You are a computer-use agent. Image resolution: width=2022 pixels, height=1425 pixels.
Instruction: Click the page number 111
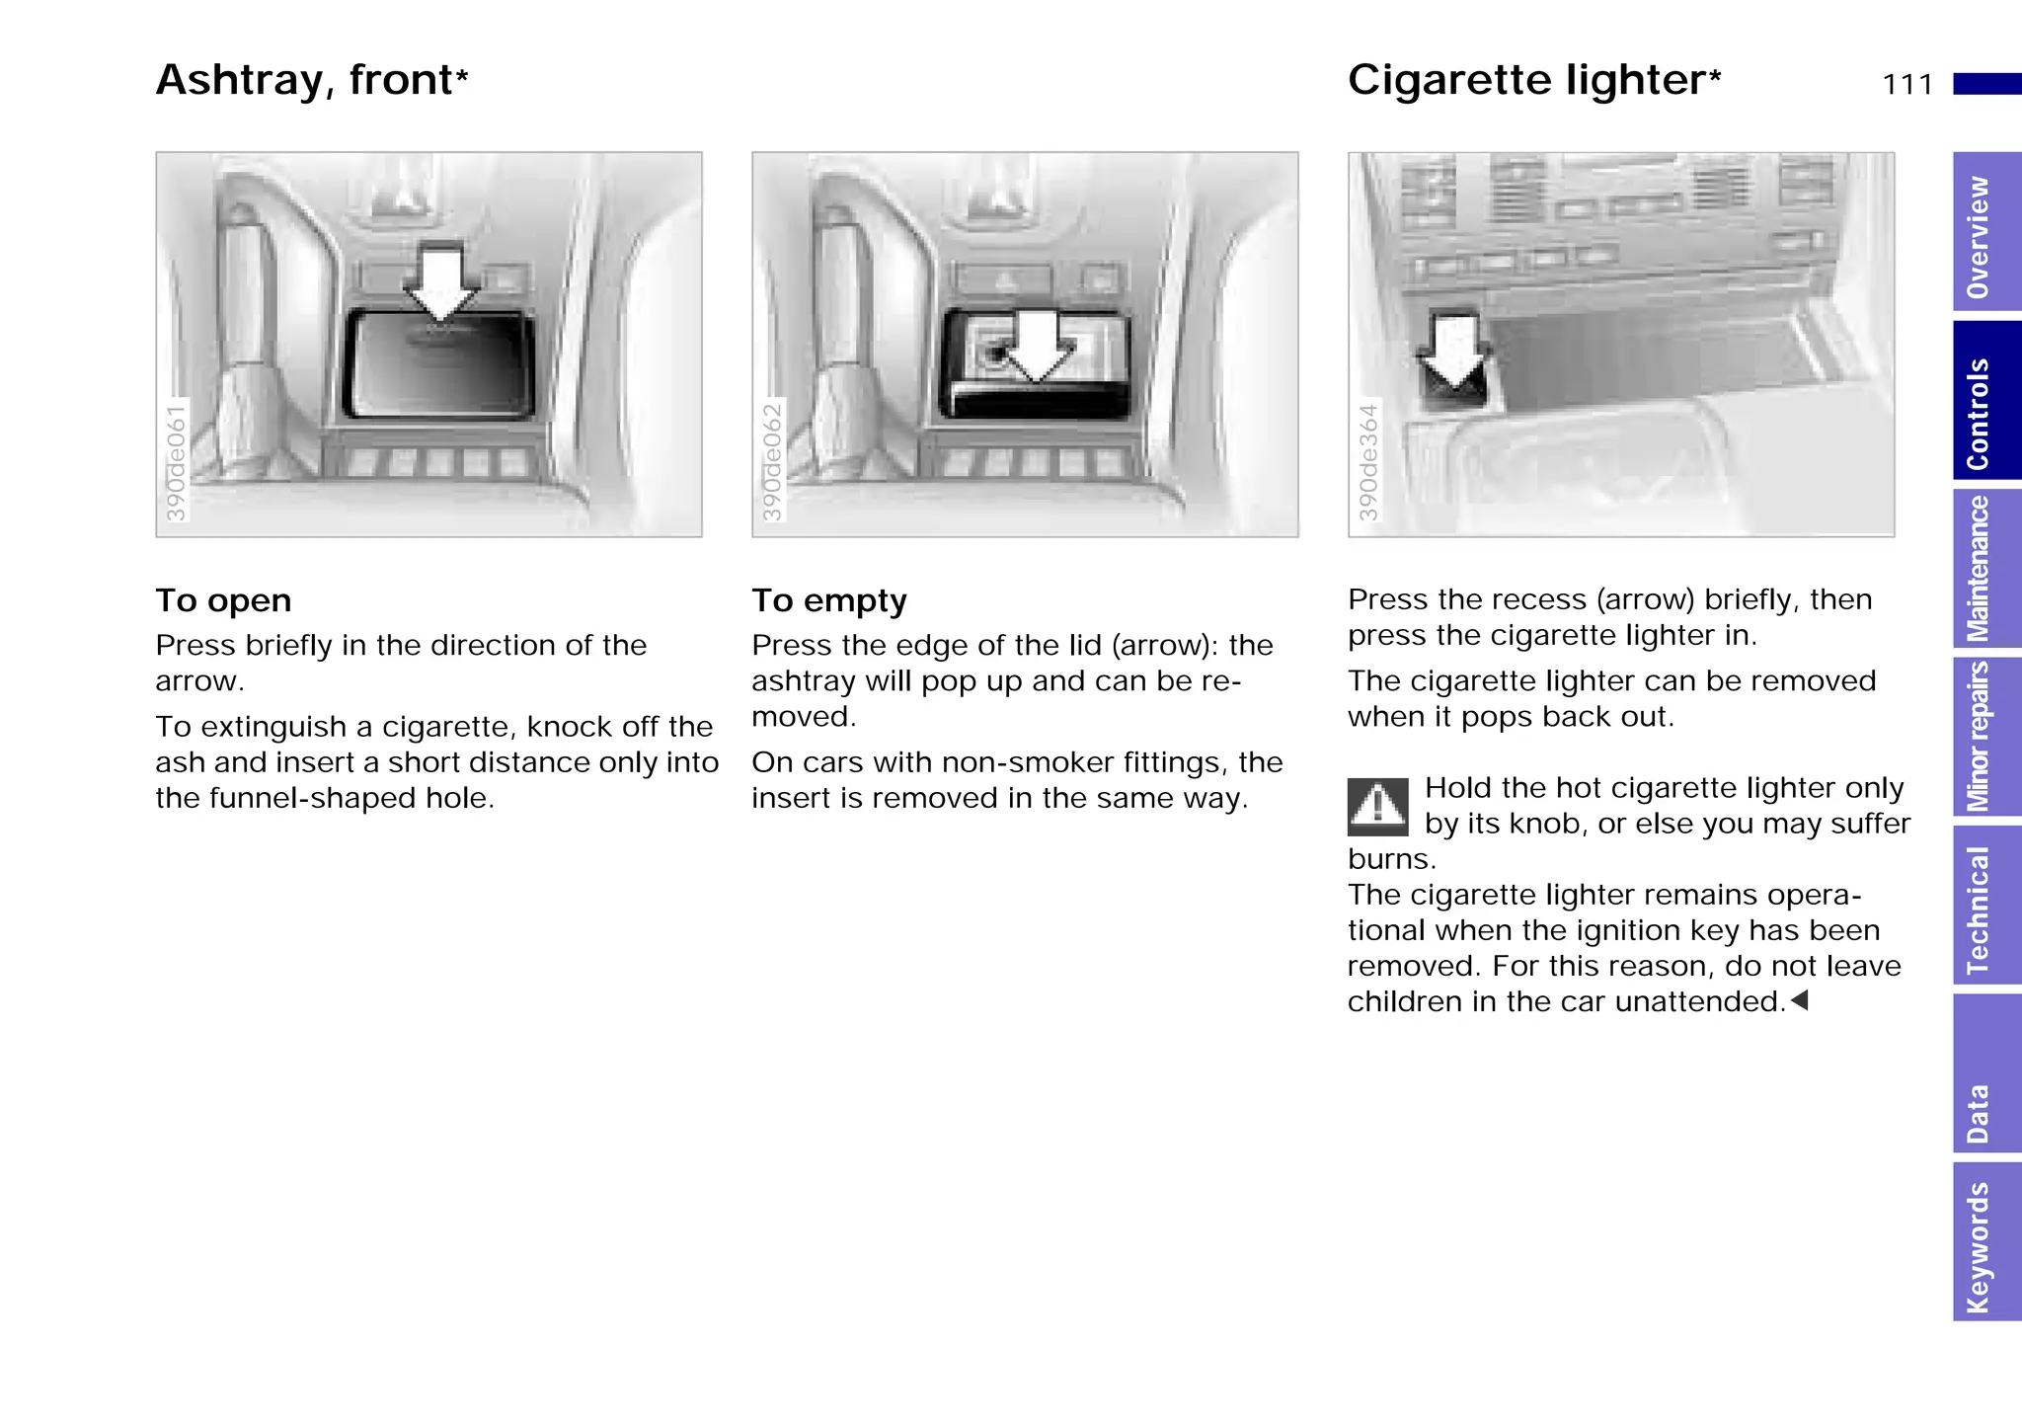tap(1906, 85)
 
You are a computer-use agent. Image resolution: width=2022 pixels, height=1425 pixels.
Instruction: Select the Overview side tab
tap(1985, 233)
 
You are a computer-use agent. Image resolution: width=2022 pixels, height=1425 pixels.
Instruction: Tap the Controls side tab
tap(1985, 401)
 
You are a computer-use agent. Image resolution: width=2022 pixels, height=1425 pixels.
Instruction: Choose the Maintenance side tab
tap(1985, 569)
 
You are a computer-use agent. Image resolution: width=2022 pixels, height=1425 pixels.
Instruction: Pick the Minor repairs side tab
tap(1985, 737)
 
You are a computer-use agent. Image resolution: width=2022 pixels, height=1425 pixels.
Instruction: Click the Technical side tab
tap(1985, 905)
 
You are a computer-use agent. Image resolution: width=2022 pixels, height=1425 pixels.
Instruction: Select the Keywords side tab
tap(1985, 1242)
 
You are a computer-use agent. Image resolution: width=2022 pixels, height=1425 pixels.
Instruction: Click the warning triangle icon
tap(1377, 807)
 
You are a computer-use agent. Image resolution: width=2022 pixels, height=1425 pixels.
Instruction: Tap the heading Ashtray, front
tap(311, 80)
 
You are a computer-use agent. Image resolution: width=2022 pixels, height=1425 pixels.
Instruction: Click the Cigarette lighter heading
tap(1533, 80)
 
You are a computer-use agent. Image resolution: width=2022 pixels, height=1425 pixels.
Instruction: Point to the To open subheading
tap(223, 600)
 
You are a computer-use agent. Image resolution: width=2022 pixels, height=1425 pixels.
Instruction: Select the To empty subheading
tap(828, 600)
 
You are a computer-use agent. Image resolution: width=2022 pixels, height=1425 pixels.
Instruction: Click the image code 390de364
tap(1367, 462)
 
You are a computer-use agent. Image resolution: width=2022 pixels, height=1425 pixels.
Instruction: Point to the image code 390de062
tap(771, 462)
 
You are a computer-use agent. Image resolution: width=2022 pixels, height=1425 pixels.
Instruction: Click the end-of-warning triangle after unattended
tap(1799, 1001)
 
